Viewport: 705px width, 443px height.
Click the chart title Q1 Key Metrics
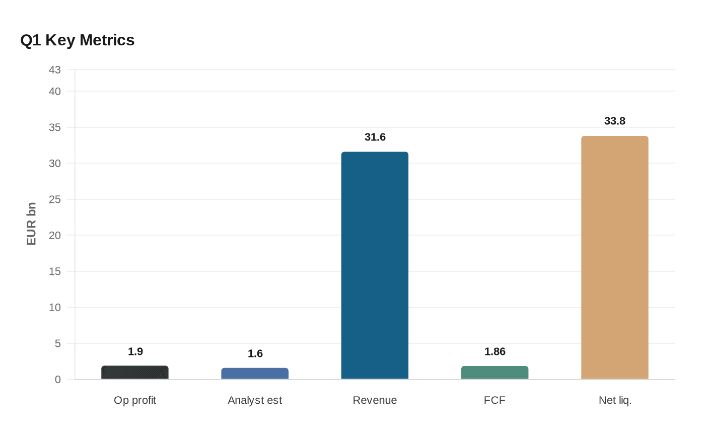click(x=78, y=40)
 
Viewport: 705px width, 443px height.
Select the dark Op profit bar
click(x=135, y=373)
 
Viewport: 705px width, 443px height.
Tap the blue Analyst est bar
click(x=255, y=374)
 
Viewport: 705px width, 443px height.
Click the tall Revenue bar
click(x=375, y=265)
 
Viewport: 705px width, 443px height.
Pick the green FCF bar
click(x=495, y=373)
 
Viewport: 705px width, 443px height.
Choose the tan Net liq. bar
click(x=614, y=257)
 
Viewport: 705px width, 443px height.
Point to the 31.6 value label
click(x=375, y=137)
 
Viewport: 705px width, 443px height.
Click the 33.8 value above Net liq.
click(x=614, y=121)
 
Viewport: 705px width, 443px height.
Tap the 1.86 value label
click(x=495, y=351)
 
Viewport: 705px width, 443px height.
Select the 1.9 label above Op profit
click(x=135, y=351)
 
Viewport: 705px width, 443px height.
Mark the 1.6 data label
click(x=255, y=353)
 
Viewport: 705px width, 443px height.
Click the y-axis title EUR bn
click(x=31, y=224)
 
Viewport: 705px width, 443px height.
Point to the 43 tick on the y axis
click(x=54, y=70)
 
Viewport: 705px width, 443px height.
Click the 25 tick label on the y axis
click(x=54, y=199)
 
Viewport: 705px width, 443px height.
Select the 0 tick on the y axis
click(x=57, y=380)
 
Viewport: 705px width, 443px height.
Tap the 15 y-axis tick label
click(x=54, y=271)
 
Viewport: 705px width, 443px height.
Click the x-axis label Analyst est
click(x=255, y=400)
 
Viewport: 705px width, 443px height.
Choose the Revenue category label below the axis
click(x=375, y=400)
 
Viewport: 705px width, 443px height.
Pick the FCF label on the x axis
click(x=495, y=400)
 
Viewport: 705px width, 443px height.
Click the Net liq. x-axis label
click(x=614, y=400)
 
